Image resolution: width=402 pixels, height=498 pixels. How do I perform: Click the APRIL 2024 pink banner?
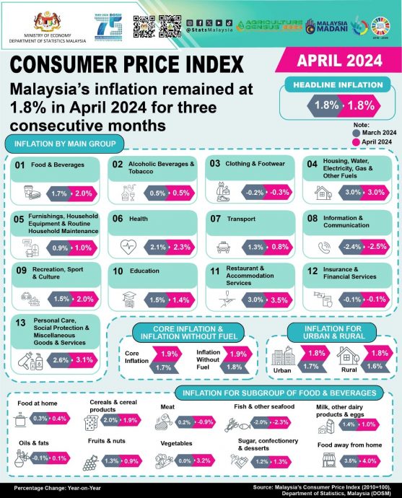(345, 61)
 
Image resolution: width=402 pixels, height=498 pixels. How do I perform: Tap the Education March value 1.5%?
(159, 300)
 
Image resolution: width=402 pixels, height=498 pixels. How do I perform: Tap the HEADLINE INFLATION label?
(341, 85)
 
